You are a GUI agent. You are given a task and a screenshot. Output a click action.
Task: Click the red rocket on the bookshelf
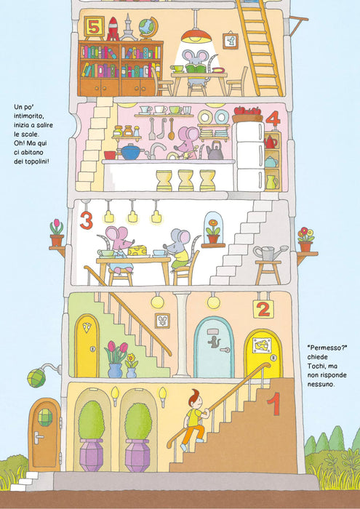click(113, 28)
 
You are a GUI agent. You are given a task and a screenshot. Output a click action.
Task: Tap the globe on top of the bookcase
click(148, 28)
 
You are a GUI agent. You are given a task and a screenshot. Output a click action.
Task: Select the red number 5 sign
click(94, 27)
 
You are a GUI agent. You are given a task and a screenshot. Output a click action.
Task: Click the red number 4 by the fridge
click(273, 119)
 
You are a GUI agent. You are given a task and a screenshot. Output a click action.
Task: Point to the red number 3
click(87, 220)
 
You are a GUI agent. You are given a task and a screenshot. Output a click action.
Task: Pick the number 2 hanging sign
click(263, 309)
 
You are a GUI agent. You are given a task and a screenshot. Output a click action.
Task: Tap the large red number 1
click(273, 404)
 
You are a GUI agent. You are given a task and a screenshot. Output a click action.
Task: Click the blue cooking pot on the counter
click(130, 151)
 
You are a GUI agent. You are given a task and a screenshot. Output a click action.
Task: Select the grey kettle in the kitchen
click(215, 151)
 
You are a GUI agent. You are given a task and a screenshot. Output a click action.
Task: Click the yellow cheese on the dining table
click(137, 250)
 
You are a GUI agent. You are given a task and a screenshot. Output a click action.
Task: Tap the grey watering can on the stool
click(270, 253)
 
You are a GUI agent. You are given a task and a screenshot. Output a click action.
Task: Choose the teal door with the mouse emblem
click(214, 347)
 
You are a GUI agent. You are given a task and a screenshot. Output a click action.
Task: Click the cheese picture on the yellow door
click(262, 345)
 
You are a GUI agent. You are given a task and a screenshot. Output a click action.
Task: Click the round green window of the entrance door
click(45, 417)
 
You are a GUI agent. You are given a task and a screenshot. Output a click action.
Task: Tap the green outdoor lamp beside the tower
click(36, 378)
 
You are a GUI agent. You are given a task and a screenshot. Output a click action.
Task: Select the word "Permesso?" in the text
click(327, 348)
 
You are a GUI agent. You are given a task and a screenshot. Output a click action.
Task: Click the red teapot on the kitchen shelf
click(270, 142)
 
